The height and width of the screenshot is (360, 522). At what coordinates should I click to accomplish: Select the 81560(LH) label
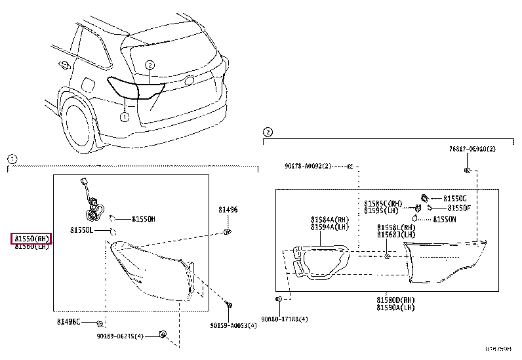pos(32,246)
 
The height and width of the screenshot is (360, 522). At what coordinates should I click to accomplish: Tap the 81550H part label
pos(143,219)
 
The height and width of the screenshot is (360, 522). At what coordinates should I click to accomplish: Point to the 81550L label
pos(82,231)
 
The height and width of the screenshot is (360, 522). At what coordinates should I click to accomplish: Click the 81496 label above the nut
pos(228,210)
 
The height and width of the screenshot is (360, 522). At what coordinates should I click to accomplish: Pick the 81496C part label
pos(68,322)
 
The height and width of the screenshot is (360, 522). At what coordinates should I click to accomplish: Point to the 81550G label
pos(454,198)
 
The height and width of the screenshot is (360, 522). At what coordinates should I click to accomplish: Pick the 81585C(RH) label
pos(384,203)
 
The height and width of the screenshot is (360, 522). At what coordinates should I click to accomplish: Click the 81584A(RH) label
pos(330,220)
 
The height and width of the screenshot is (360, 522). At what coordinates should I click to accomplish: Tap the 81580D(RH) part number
pos(395,300)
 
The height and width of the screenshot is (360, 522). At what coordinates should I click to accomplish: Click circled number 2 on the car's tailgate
pos(150,65)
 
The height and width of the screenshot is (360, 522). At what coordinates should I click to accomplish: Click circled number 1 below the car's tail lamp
pos(123,117)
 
